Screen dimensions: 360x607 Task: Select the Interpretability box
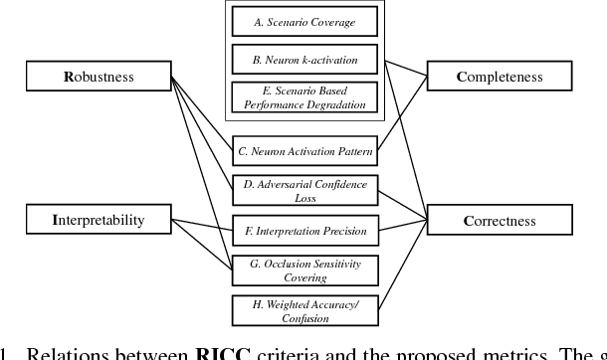click(98, 219)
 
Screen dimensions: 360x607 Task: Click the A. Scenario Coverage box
click(303, 22)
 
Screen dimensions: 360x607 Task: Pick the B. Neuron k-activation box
click(303, 59)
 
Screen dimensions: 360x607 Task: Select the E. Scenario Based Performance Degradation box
click(303, 96)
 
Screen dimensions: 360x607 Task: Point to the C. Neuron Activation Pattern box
click(304, 152)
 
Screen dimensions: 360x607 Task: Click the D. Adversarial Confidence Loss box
click(304, 191)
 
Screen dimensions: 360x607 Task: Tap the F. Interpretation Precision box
click(304, 231)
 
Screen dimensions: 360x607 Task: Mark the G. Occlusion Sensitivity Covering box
click(304, 270)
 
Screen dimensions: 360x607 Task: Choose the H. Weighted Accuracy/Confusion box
click(304, 310)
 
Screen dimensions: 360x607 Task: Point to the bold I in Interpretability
click(56, 219)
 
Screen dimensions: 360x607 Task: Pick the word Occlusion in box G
click(281, 264)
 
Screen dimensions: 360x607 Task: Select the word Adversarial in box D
click(291, 185)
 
